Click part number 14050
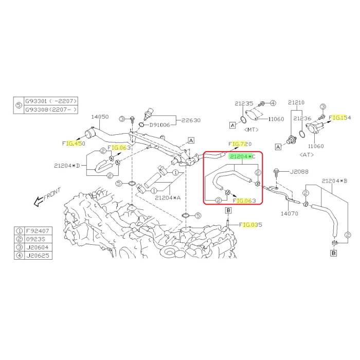[x=100, y=117]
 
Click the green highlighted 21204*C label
[x=243, y=156]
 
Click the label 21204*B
[x=335, y=181]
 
